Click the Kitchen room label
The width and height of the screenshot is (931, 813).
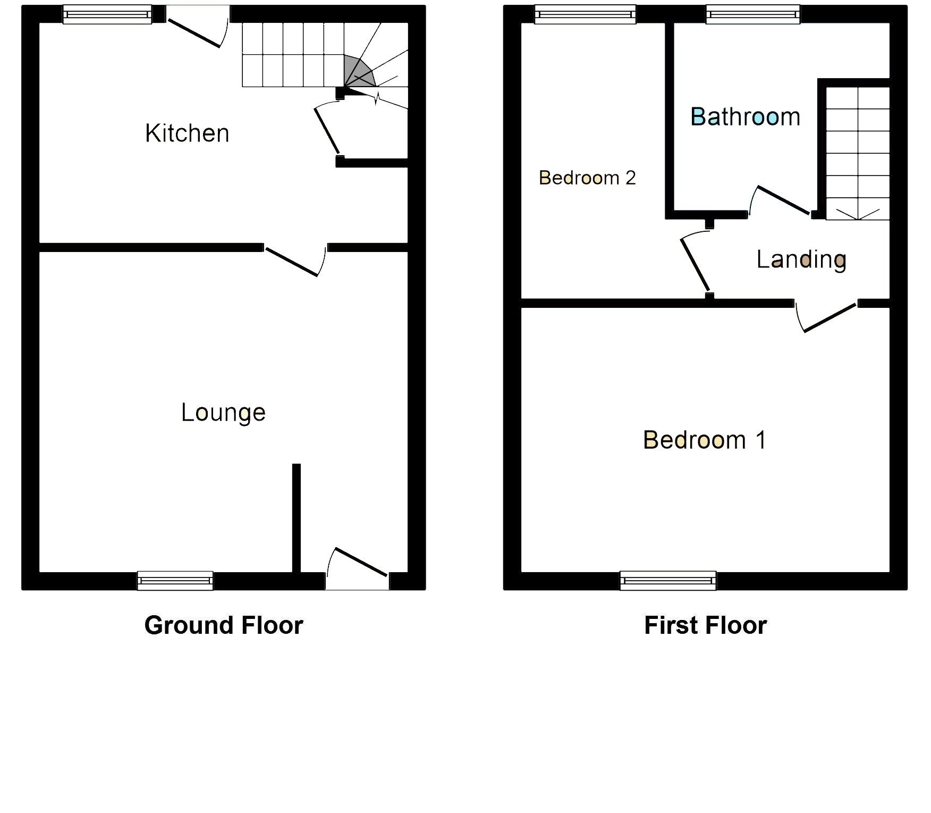tap(187, 133)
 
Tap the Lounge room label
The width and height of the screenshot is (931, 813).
tap(223, 413)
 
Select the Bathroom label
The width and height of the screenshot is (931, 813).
tap(745, 117)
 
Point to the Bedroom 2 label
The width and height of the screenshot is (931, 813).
tap(587, 178)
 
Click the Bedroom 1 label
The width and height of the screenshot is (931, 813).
tap(705, 440)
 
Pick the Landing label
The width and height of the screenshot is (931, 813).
tap(801, 259)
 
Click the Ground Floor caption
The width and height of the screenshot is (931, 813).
tap(224, 625)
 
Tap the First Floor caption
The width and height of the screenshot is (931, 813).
tap(705, 625)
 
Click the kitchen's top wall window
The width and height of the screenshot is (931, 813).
tap(107, 14)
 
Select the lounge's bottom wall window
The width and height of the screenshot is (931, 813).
tap(175, 581)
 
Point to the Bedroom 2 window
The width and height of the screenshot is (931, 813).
tap(585, 14)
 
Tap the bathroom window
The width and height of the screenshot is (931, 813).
tap(753, 14)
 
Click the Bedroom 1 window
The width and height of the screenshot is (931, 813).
tap(668, 581)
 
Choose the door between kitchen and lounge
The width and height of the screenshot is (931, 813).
tap(293, 261)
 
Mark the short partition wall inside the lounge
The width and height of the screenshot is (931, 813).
tap(297, 518)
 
